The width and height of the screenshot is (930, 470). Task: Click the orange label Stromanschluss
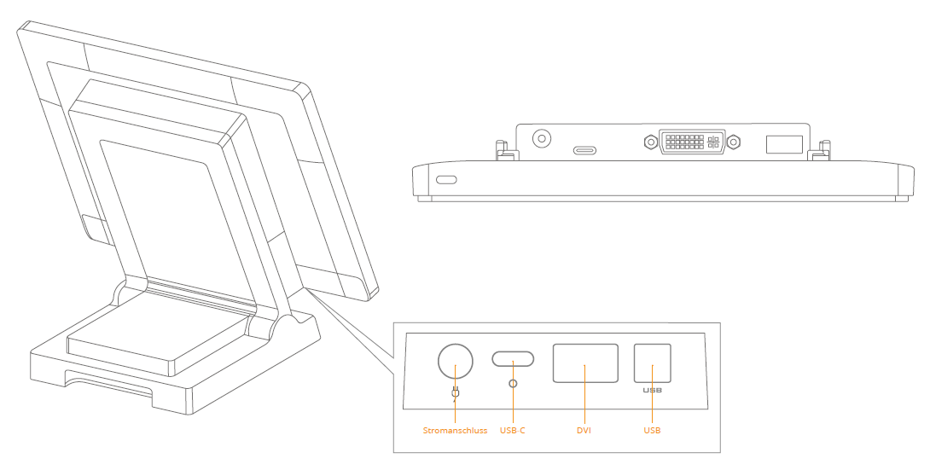click(455, 431)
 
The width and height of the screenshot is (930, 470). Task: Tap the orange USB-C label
click(512, 431)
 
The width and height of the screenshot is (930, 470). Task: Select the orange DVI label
click(584, 431)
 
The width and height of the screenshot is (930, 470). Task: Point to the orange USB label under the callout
click(652, 431)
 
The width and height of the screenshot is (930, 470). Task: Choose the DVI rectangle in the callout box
click(585, 363)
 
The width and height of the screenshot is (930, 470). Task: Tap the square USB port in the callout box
click(653, 363)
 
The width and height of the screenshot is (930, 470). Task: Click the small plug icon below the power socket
click(456, 393)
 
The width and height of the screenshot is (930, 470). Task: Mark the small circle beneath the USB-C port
click(513, 384)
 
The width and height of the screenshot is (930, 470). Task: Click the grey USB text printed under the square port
click(653, 391)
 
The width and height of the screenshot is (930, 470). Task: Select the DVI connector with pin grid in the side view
click(691, 142)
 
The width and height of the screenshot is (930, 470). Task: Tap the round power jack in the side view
click(541, 138)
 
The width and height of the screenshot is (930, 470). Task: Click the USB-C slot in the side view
click(584, 151)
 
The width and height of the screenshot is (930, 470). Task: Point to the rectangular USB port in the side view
click(783, 144)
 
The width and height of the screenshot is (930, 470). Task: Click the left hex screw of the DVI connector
click(651, 142)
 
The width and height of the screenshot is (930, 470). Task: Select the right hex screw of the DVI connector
click(733, 142)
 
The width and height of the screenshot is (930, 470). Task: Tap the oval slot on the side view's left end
click(446, 180)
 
